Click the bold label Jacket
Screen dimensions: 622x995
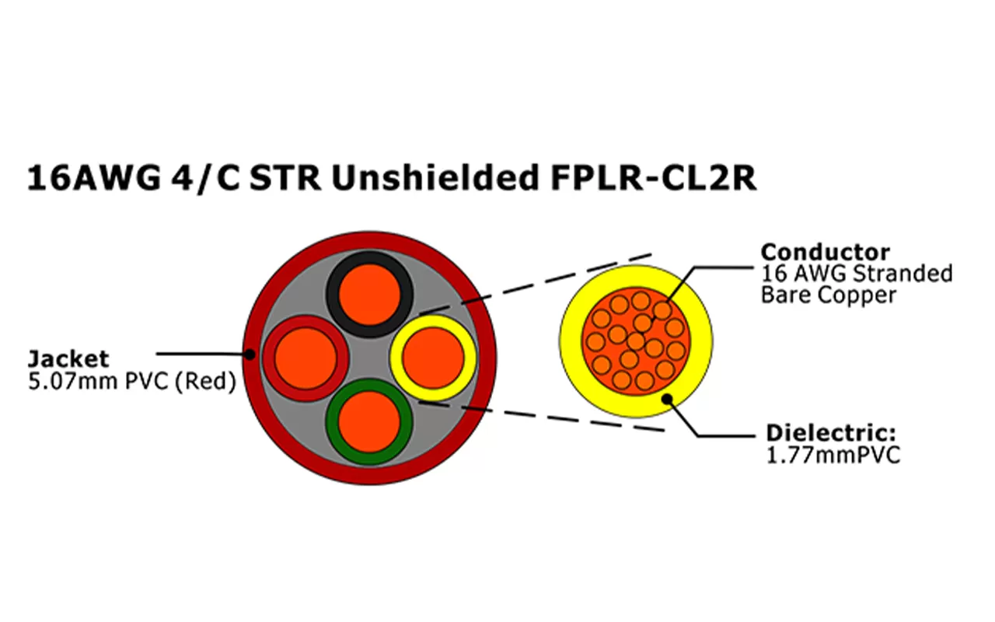click(x=68, y=359)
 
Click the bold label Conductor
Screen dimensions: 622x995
click(x=825, y=252)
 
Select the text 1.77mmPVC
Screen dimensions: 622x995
click(x=833, y=455)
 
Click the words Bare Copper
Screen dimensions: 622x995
click(x=828, y=295)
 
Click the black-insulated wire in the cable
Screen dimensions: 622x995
click(x=368, y=296)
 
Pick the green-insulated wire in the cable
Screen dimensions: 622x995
click(x=368, y=421)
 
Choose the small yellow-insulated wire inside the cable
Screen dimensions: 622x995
click(x=431, y=358)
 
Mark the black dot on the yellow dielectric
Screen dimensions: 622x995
click(x=666, y=399)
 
